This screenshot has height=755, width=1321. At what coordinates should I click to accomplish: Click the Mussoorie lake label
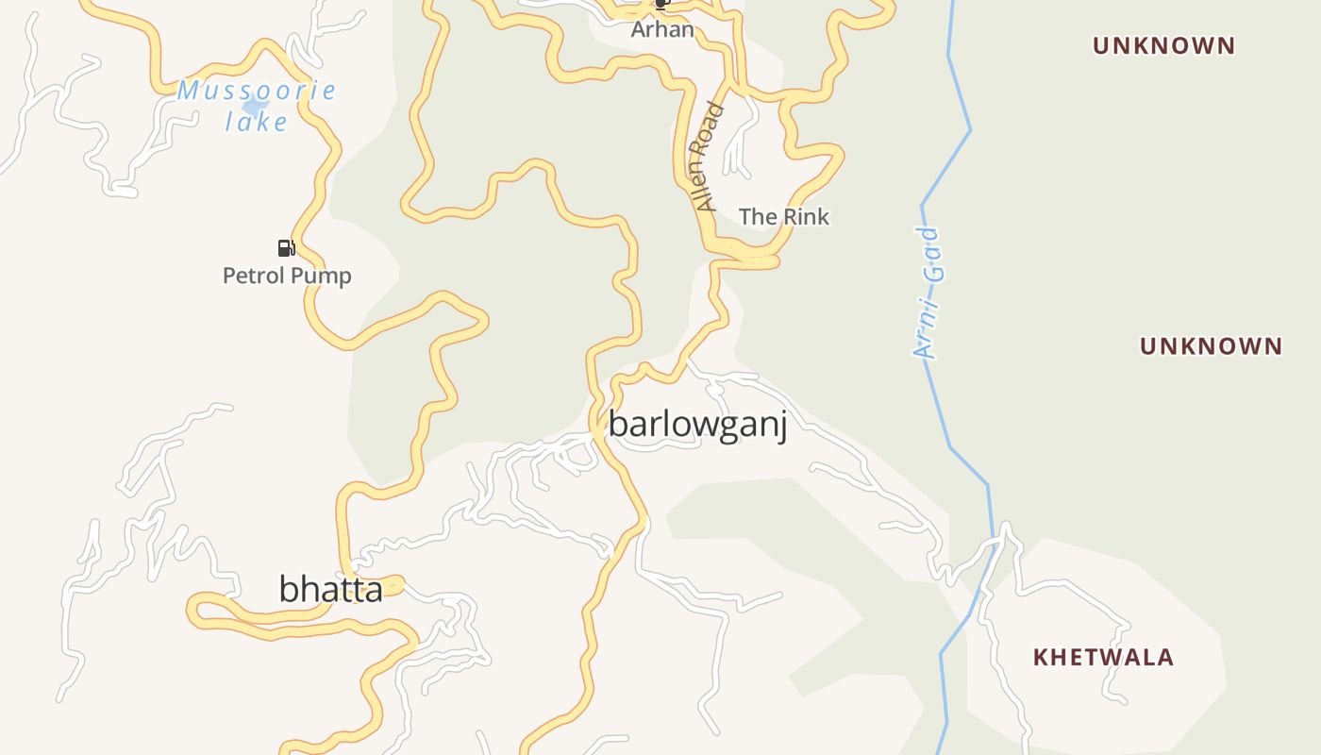(257, 106)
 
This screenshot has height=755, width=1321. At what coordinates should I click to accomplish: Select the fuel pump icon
(286, 248)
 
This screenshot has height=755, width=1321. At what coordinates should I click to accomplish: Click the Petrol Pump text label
(287, 276)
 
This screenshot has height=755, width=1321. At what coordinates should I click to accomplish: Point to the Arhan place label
(662, 29)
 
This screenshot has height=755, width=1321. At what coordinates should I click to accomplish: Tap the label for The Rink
(783, 217)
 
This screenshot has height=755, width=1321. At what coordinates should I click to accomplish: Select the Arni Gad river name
(928, 293)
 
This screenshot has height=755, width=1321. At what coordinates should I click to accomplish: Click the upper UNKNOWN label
(1163, 45)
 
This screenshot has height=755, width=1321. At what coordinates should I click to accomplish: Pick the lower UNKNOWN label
(1211, 346)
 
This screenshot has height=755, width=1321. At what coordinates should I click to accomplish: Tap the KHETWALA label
(1103, 657)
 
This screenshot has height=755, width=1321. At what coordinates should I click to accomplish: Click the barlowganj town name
(697, 425)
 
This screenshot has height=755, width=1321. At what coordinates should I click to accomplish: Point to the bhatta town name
(330, 589)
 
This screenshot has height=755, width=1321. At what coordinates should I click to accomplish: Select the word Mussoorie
(257, 91)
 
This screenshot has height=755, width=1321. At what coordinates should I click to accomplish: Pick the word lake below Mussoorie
(257, 122)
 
